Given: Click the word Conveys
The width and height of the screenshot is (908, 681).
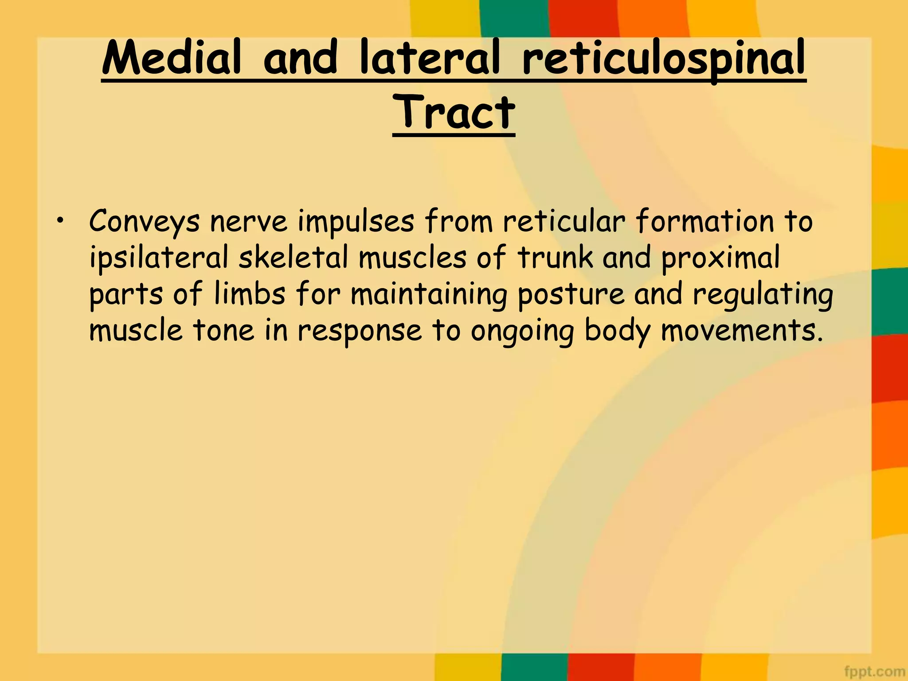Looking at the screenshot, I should (x=144, y=221).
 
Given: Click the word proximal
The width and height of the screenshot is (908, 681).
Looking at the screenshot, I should (x=720, y=258).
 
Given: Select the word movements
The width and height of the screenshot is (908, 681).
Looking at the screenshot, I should (x=739, y=330).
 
